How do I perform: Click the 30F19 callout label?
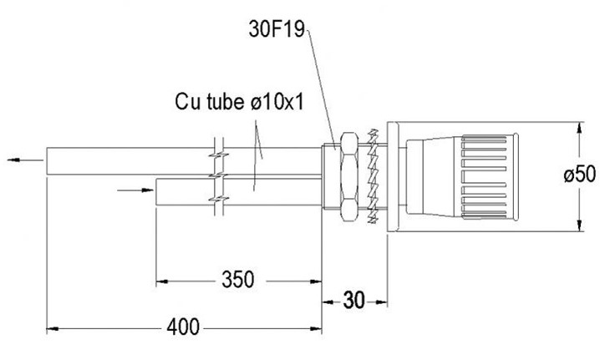tap(277, 29)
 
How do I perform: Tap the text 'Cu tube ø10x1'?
tap(240, 102)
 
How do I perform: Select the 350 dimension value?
tap(237, 280)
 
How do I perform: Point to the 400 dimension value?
tap(183, 327)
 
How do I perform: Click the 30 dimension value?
tap(354, 301)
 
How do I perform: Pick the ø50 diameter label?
tap(580, 175)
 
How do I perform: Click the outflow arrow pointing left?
tap(25, 160)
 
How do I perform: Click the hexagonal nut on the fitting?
tap(349, 177)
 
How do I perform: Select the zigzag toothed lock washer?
tap(373, 176)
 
